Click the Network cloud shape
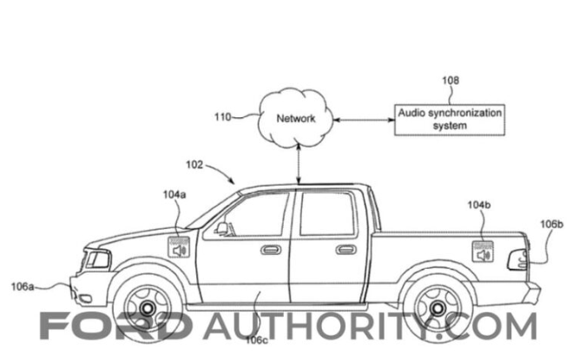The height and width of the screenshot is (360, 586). tap(296, 121)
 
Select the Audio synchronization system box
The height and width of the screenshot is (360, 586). tap(451, 119)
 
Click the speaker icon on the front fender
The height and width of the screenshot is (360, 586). tap(179, 250)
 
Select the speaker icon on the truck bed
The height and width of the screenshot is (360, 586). tap(483, 253)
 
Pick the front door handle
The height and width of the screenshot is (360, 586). tap(270, 250)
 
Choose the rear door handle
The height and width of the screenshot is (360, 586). tap(346, 250)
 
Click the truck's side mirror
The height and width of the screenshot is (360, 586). tap(223, 228)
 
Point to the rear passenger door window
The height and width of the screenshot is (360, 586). tap(326, 213)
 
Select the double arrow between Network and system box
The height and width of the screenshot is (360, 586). tap(365, 119)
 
